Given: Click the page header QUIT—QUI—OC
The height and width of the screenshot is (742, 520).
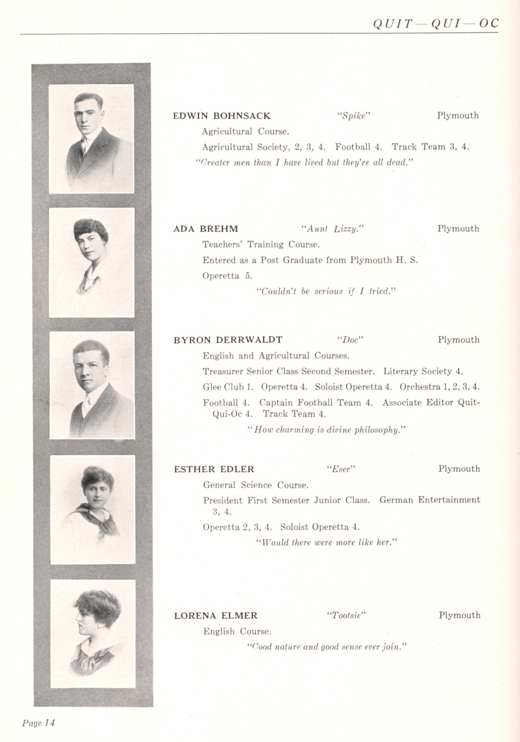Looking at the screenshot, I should point(435,23).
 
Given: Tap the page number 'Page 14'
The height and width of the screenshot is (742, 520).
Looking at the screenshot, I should point(38,722).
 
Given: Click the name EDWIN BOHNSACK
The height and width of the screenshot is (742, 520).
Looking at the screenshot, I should point(222,116).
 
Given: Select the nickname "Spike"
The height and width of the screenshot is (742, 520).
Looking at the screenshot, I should point(353,116).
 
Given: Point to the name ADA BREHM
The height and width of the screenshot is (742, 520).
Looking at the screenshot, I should point(206,229).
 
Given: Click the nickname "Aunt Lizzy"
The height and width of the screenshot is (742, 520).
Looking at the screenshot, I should point(332,229).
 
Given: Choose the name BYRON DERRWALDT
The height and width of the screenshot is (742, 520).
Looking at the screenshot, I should point(228,340).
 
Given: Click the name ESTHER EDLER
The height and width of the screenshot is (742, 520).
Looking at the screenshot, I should point(214,469).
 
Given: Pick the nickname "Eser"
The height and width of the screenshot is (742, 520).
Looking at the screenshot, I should point(341,469).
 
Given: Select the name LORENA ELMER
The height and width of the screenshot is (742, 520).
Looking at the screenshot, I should point(215,616).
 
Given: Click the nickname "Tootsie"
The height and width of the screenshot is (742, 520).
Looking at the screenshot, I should point(346,616).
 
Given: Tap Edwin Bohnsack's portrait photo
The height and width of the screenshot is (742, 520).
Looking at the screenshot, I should point(92,139).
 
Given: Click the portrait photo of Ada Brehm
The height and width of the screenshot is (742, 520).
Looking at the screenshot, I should point(92,262).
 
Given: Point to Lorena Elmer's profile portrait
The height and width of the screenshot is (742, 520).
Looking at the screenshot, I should point(93,633).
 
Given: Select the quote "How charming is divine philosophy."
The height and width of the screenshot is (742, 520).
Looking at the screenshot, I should point(327,430).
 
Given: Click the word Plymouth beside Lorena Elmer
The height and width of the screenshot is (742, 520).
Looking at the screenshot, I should point(459,615).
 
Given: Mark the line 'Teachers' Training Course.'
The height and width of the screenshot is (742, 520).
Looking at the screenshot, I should point(261,244).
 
